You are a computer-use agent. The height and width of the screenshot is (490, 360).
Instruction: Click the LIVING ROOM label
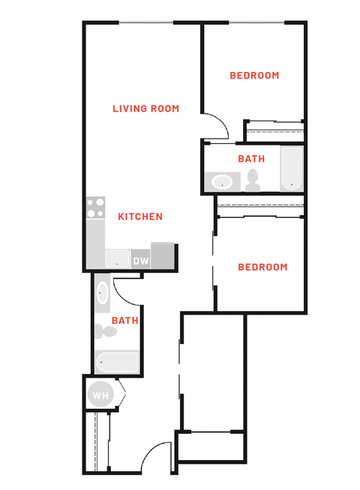145,109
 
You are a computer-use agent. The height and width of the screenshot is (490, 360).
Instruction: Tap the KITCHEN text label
140,217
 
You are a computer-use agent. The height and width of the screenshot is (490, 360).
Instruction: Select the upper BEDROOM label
254,76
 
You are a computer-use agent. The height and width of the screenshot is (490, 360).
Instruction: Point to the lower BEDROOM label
262,267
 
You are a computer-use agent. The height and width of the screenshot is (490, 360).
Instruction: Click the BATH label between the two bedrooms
250,159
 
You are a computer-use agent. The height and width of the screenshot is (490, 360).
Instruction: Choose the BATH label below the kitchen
124,321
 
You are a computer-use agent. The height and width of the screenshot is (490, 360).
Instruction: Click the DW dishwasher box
140,261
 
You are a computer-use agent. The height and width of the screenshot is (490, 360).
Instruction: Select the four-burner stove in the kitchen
94,208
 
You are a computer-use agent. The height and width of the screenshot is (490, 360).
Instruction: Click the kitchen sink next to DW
117,259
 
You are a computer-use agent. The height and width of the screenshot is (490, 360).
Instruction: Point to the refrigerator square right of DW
163,255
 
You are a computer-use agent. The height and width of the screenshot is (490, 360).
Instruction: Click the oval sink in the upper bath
222,181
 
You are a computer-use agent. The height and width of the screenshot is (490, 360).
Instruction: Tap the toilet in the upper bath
253,180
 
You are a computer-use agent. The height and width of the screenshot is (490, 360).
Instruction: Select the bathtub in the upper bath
291,169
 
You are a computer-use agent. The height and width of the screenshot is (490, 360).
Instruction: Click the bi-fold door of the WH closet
121,392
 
